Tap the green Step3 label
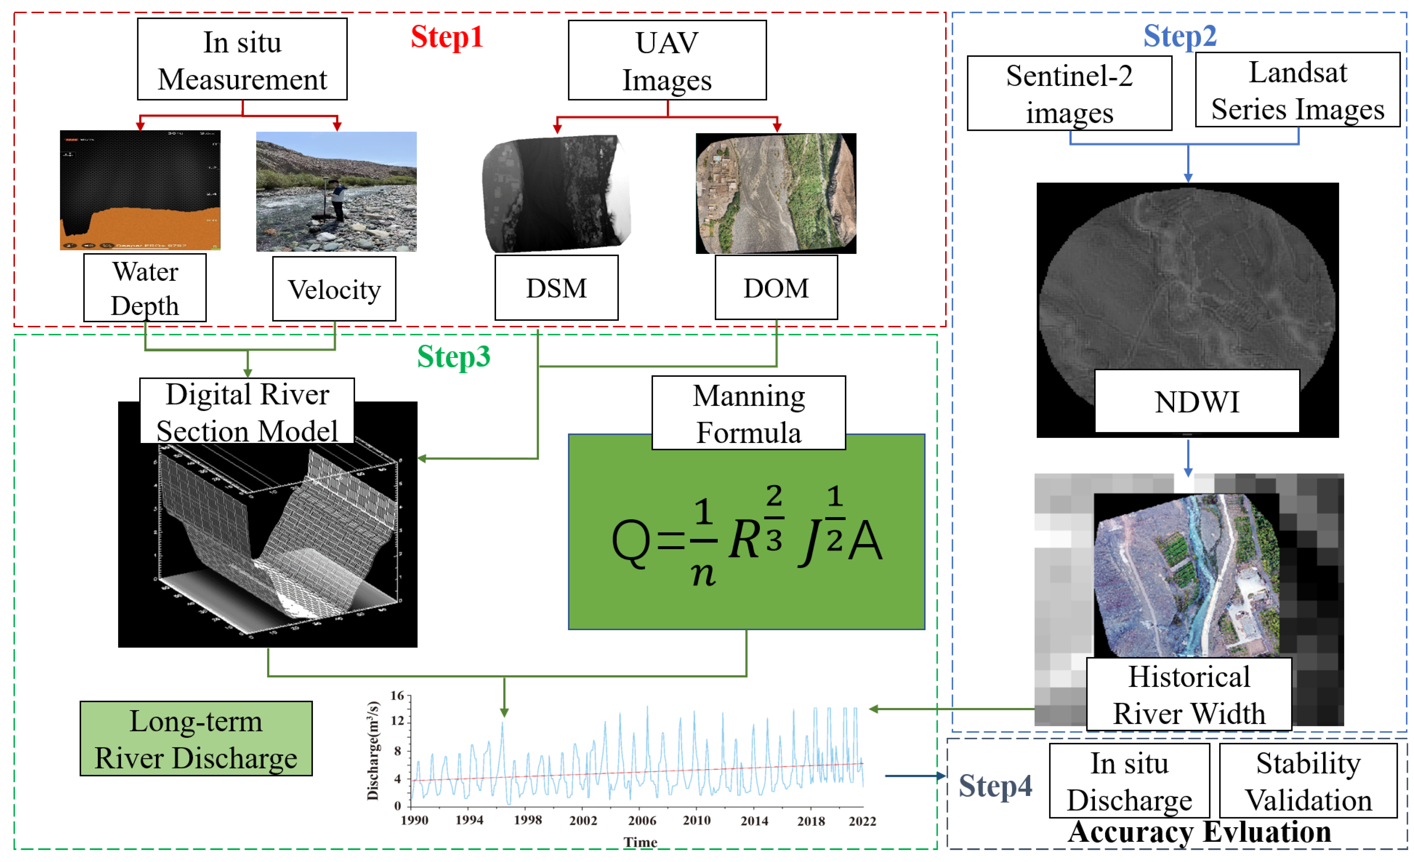click(453, 357)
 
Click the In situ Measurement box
click(242, 60)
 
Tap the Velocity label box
click(334, 289)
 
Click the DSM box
click(556, 288)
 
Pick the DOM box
click(776, 288)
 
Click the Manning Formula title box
click(748, 414)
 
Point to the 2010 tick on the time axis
click(696, 821)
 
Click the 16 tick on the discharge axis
click(397, 696)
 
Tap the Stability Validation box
click(1308, 781)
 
